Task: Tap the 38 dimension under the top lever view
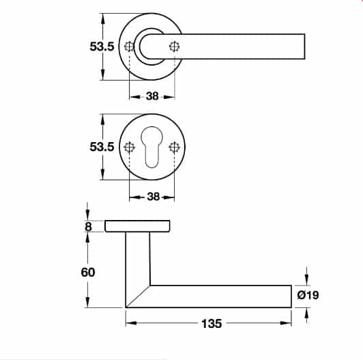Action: click(x=152, y=96)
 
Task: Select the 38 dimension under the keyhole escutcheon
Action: click(x=152, y=197)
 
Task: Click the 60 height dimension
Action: click(x=87, y=271)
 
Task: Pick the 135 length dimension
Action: click(x=212, y=324)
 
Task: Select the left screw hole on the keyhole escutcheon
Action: click(x=130, y=147)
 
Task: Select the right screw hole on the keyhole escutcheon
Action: click(x=175, y=147)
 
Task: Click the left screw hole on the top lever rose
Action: click(x=130, y=46)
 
